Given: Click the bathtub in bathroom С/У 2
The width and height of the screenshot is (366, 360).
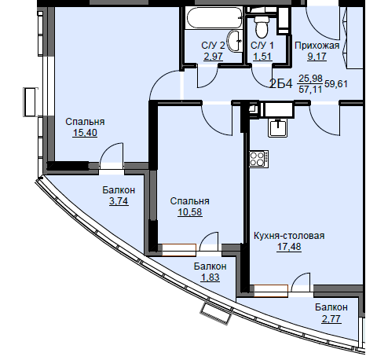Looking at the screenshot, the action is click(214, 17).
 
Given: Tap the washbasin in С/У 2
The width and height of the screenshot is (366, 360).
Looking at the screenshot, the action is click(235, 41).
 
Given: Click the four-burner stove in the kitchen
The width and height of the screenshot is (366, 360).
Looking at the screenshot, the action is click(258, 159).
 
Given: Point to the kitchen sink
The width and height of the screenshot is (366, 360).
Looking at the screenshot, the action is click(278, 127).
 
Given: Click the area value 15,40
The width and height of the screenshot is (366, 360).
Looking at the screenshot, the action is click(85, 133).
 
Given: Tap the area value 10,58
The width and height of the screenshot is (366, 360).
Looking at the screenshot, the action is click(190, 212).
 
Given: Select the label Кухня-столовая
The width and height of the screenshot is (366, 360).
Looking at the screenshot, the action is click(289, 236).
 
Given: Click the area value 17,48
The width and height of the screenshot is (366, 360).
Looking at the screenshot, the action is click(289, 247).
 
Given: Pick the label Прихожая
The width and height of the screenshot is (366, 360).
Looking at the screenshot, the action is click(317, 46).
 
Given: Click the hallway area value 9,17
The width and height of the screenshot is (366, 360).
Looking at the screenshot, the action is click(317, 57).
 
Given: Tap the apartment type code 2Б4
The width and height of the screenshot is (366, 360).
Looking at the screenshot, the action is click(281, 84).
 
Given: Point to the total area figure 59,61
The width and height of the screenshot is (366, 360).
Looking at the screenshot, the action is click(336, 84).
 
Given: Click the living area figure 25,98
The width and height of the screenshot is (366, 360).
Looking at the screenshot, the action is click(310, 78).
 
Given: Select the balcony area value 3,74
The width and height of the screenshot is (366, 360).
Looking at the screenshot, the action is click(119, 201).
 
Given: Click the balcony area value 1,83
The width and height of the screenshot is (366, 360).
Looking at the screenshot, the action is click(210, 277).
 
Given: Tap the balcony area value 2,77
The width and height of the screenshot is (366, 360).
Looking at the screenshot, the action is click(331, 319).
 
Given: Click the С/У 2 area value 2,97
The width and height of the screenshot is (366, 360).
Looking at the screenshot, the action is click(213, 57).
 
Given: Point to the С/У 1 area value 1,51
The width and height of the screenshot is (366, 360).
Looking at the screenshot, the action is click(262, 57).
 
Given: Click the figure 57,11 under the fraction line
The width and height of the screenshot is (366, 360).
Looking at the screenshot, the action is click(310, 90).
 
